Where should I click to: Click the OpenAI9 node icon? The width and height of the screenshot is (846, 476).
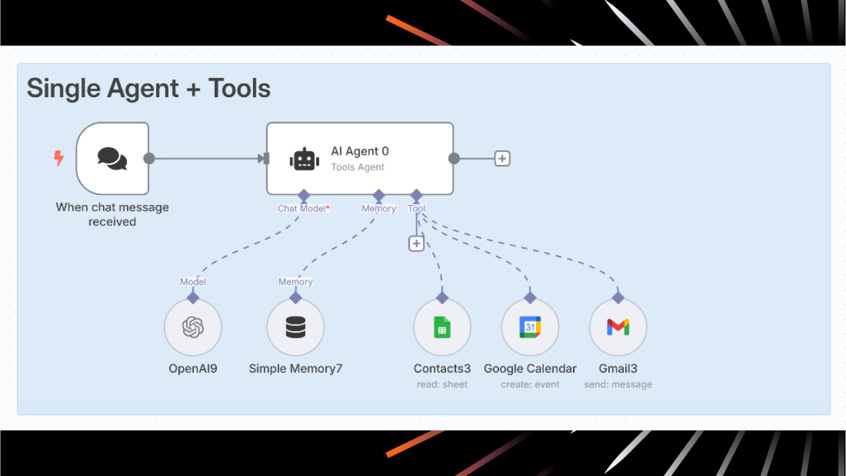tap(193, 327)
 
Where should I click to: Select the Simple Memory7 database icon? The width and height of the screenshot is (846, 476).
tap(295, 327)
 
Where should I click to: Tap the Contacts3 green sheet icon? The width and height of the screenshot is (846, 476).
tap(442, 327)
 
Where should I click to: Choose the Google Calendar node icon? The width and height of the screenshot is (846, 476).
tap(530, 327)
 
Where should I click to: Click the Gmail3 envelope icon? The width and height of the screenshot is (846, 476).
tap(618, 327)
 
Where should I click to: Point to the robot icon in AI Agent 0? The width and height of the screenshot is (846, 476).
tap(304, 159)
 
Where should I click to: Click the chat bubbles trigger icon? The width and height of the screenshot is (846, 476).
tap(112, 159)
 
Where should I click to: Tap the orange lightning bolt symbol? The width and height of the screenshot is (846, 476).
tap(59, 158)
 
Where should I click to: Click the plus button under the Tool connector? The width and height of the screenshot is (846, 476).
tap(416, 243)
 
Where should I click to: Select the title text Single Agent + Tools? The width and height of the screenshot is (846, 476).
tap(149, 89)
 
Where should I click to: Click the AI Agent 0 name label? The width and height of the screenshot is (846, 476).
tap(360, 151)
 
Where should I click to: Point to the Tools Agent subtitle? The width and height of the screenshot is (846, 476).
tap(358, 167)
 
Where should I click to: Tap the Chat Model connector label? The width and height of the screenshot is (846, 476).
tap(302, 208)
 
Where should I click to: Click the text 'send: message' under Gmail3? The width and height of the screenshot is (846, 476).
tap(618, 384)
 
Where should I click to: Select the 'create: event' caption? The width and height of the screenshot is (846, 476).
tap(530, 384)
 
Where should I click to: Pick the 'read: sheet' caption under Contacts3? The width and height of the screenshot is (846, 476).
tap(442, 384)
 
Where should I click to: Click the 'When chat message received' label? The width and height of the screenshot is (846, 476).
tap(112, 214)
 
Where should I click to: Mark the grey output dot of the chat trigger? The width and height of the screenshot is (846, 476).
tap(149, 159)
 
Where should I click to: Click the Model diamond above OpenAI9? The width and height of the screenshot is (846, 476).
tap(193, 297)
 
